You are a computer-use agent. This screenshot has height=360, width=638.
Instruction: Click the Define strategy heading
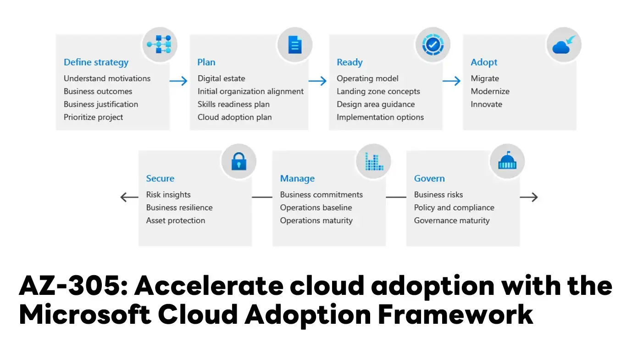click(96, 62)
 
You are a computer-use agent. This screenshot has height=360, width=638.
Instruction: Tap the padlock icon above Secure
click(239, 161)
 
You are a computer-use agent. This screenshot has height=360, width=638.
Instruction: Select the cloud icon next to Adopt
click(564, 45)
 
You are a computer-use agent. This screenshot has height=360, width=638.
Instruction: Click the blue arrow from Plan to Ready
click(317, 81)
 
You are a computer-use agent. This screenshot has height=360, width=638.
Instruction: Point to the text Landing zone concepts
click(378, 91)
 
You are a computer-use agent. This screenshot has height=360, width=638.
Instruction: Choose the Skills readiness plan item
click(233, 104)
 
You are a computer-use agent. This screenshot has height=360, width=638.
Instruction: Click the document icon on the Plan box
click(295, 45)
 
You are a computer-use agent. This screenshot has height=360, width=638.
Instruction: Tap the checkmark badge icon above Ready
click(433, 45)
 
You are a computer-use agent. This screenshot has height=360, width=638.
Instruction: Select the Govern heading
click(429, 178)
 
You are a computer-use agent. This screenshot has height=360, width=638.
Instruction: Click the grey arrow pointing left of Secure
click(129, 197)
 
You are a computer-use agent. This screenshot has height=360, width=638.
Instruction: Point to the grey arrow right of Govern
click(529, 197)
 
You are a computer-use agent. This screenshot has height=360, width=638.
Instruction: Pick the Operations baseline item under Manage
click(316, 208)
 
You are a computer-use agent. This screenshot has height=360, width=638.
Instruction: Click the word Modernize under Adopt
click(490, 91)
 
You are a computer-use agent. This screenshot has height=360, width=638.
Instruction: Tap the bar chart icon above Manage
click(374, 161)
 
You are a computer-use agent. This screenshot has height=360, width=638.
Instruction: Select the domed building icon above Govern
click(507, 161)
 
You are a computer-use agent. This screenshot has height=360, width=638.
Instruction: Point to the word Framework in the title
click(455, 315)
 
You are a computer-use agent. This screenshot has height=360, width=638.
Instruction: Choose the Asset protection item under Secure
click(176, 221)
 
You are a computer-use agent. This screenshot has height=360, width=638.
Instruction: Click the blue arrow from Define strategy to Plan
click(178, 81)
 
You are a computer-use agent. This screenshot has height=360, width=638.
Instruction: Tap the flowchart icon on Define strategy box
click(159, 44)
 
